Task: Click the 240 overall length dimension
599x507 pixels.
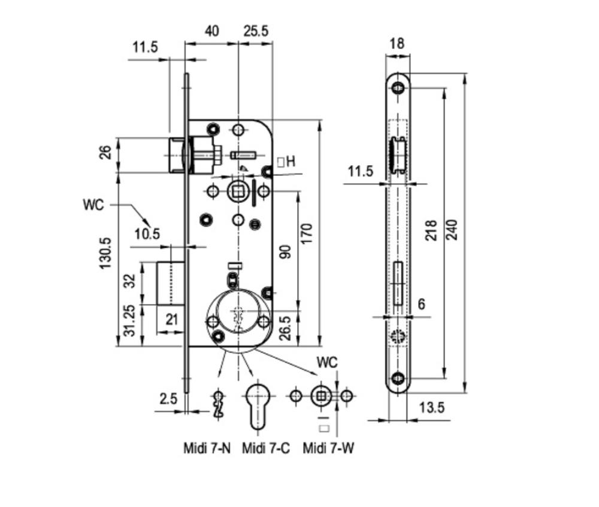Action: (452, 229)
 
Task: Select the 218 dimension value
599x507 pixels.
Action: (431, 230)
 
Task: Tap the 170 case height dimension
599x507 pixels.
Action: (306, 233)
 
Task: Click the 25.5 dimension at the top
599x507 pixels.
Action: (256, 31)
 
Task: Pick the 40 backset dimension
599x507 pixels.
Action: (212, 31)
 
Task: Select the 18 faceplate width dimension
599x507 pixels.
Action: (397, 44)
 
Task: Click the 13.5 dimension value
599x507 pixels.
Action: (432, 408)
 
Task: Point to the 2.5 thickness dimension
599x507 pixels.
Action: (168, 399)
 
